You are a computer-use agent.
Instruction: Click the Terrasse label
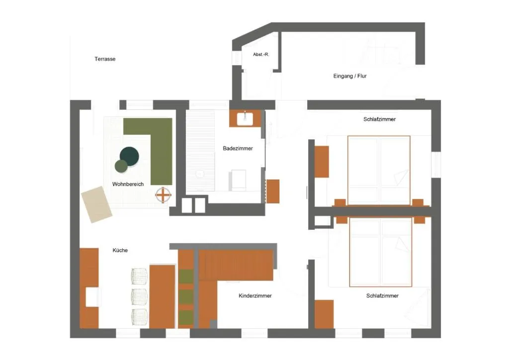(x=105, y=59)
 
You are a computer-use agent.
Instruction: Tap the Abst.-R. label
(x=260, y=54)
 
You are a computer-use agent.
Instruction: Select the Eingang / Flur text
(x=350, y=76)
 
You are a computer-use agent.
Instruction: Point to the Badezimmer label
(x=238, y=148)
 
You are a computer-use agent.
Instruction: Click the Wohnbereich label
(x=128, y=184)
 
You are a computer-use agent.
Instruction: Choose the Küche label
(x=120, y=250)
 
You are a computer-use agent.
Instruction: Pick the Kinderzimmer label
(x=255, y=296)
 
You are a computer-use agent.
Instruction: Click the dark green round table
(x=130, y=157)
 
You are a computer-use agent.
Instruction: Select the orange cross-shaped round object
(x=163, y=195)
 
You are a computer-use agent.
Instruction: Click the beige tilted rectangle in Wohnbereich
(x=97, y=204)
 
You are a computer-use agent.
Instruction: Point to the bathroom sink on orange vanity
(x=245, y=118)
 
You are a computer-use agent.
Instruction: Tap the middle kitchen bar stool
(x=139, y=296)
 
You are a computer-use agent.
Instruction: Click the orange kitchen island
(x=162, y=296)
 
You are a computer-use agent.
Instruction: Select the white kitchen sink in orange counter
(x=91, y=297)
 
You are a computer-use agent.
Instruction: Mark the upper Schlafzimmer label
(x=380, y=119)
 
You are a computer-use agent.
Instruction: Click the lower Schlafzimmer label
(x=382, y=296)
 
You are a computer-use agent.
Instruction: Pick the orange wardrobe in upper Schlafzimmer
(x=322, y=162)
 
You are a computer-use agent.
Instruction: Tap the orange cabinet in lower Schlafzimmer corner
(x=324, y=314)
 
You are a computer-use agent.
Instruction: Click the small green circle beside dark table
(x=121, y=166)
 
